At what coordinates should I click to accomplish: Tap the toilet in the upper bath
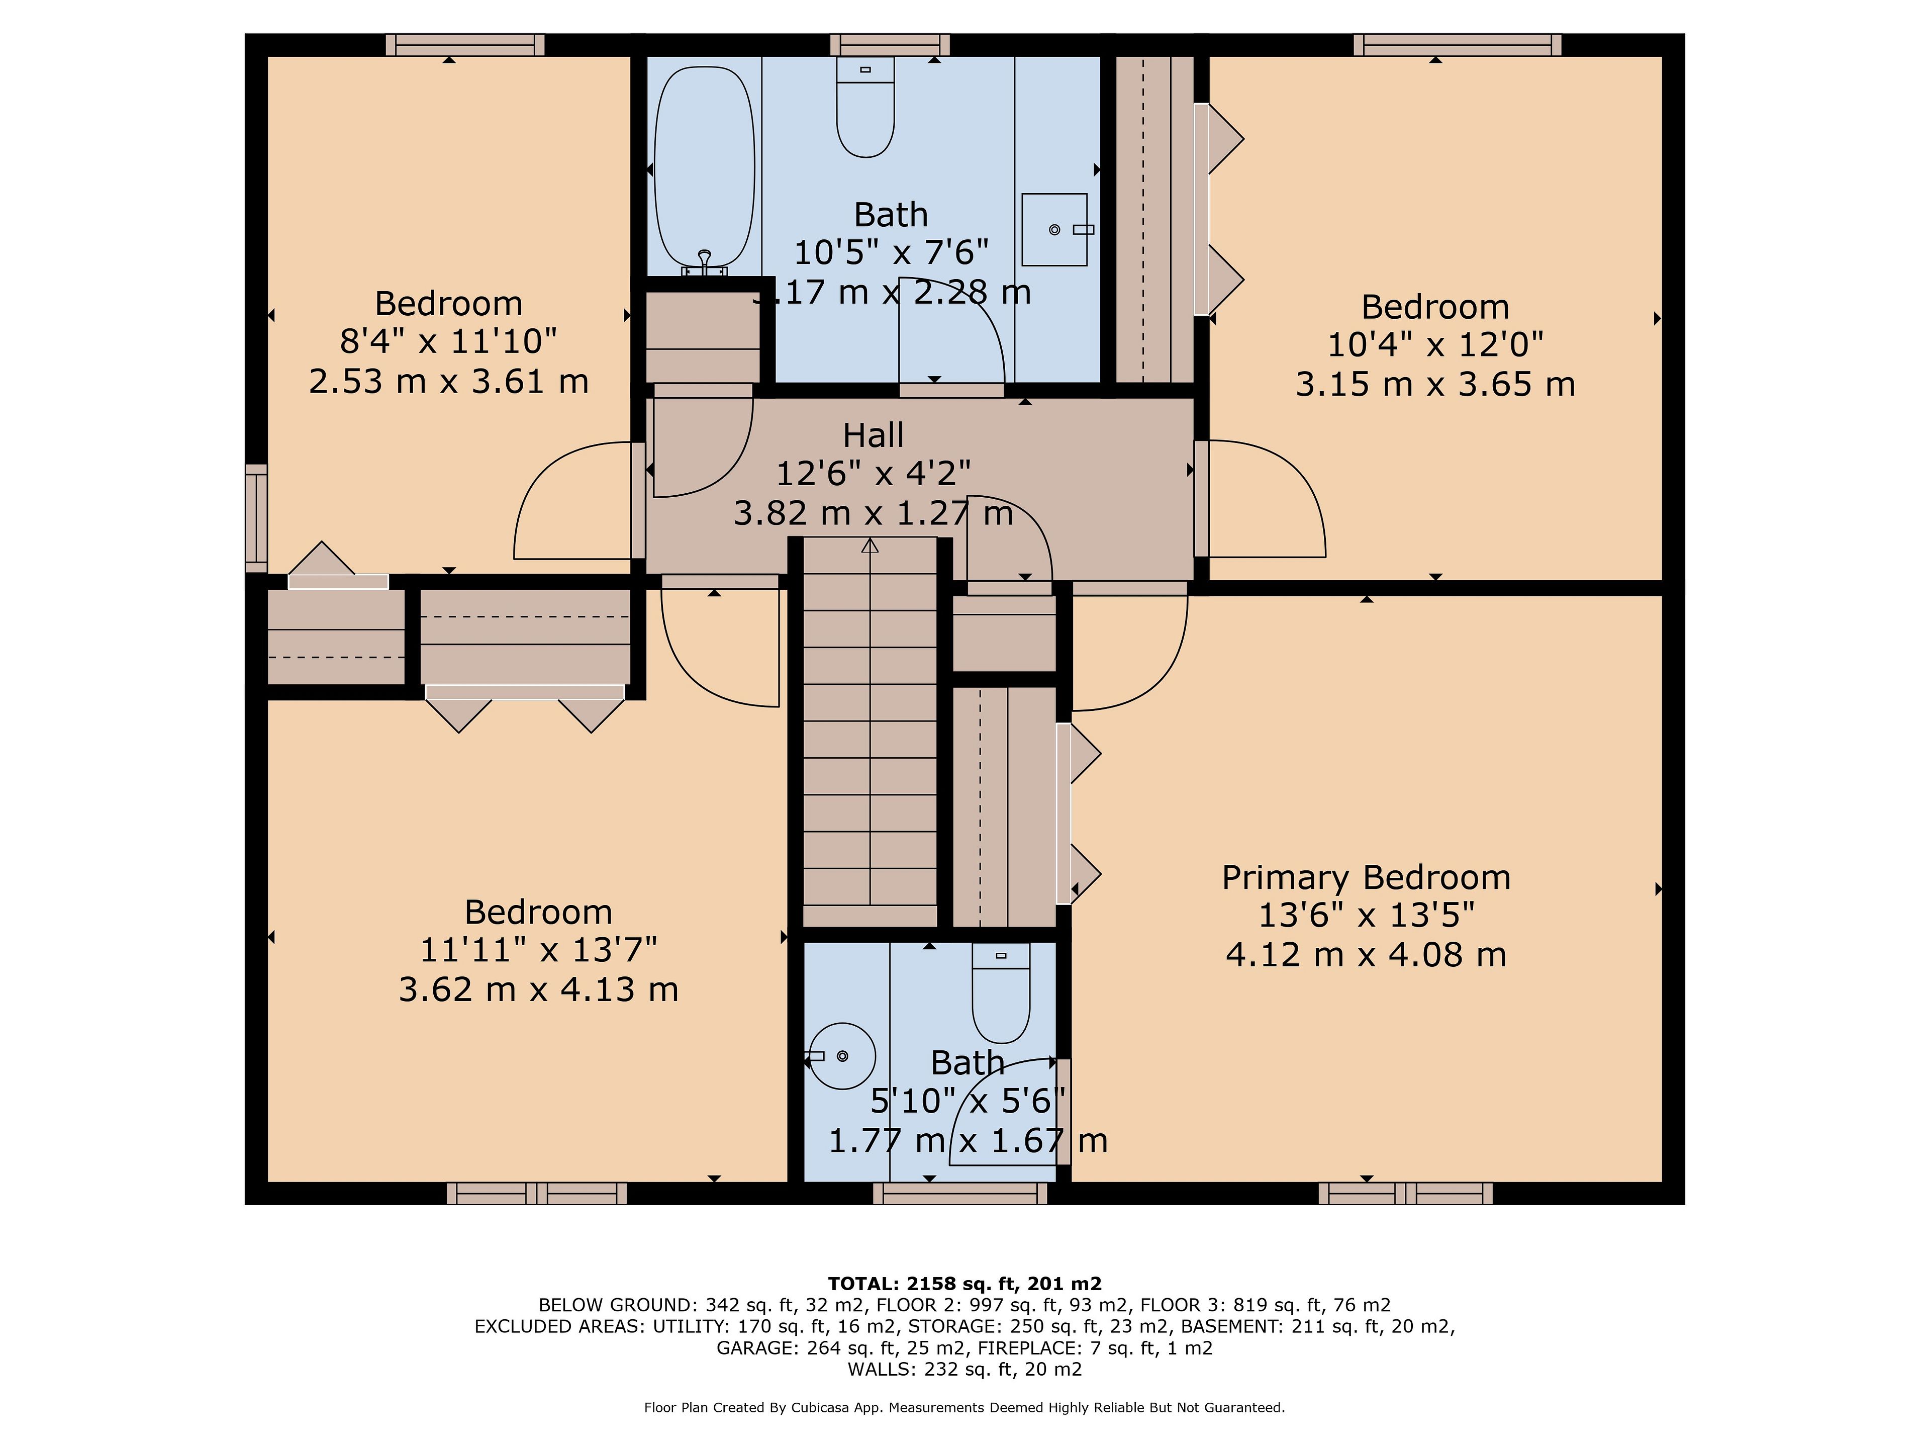(865, 107)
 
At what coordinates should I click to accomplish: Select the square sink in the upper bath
(1055, 230)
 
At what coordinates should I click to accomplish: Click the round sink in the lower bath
(841, 1056)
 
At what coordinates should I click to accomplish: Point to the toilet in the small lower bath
(1001, 992)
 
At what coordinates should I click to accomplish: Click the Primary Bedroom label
(1366, 877)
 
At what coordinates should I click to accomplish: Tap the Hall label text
(874, 435)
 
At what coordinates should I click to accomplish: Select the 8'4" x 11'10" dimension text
(448, 341)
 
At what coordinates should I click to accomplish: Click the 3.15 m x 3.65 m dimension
(1435, 384)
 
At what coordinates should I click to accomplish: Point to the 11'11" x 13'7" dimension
(538, 950)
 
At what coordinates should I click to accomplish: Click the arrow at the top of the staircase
(870, 547)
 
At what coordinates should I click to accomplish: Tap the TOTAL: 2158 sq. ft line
(964, 1283)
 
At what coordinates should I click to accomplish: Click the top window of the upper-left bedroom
(465, 45)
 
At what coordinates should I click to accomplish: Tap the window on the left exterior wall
(256, 518)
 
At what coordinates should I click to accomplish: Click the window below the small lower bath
(960, 1193)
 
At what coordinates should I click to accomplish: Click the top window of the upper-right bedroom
(1457, 45)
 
